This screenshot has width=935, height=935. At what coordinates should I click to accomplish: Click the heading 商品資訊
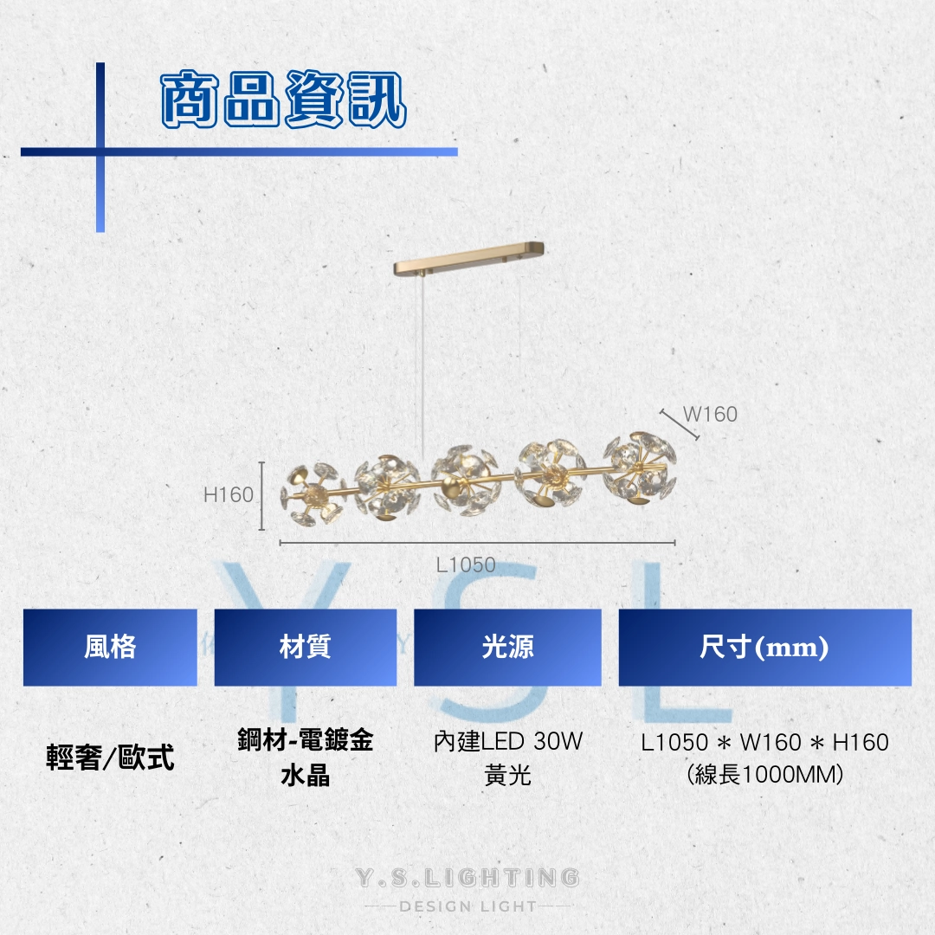284,100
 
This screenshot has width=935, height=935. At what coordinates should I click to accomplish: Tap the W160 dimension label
710,414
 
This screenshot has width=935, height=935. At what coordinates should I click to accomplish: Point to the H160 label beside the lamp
229,494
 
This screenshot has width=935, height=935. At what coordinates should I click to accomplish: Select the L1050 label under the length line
466,564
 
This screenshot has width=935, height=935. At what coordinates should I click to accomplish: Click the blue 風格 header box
110,647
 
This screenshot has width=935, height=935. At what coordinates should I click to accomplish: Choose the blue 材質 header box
306,647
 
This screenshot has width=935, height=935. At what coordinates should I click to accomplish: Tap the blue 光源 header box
507,647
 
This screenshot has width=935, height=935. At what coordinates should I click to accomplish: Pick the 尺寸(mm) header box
765,647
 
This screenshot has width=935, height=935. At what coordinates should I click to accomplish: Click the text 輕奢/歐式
110,758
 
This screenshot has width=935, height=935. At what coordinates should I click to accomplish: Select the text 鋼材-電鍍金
306,740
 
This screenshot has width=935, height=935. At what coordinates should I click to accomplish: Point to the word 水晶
306,776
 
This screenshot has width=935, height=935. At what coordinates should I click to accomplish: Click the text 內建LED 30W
508,741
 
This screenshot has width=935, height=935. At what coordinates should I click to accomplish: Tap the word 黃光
508,775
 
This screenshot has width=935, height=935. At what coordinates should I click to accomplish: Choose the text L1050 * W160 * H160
765,743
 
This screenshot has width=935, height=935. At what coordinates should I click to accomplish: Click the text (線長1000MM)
765,775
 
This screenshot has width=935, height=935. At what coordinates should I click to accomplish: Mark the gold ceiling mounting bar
468,257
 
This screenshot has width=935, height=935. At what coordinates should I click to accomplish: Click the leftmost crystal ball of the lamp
313,493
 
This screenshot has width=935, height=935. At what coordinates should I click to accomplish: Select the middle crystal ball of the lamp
465,480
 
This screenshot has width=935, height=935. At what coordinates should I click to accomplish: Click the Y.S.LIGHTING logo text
467,878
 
